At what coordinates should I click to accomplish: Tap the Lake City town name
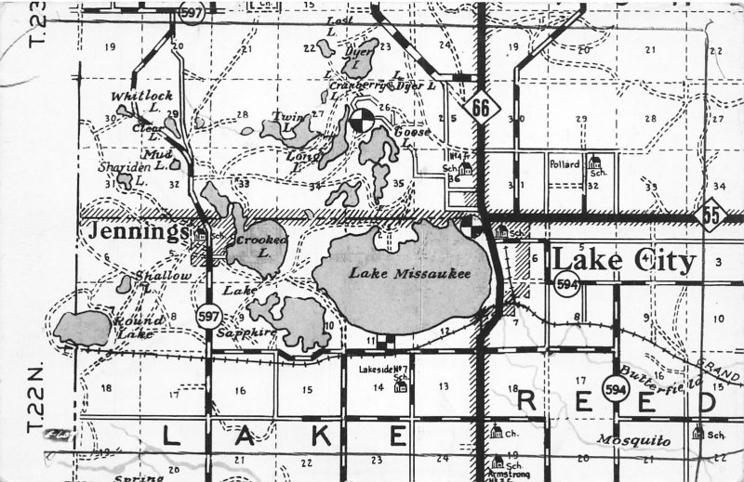624,261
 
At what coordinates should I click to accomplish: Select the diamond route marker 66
480,108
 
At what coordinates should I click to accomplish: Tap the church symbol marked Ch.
497,432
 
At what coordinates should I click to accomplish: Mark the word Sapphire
246,332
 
